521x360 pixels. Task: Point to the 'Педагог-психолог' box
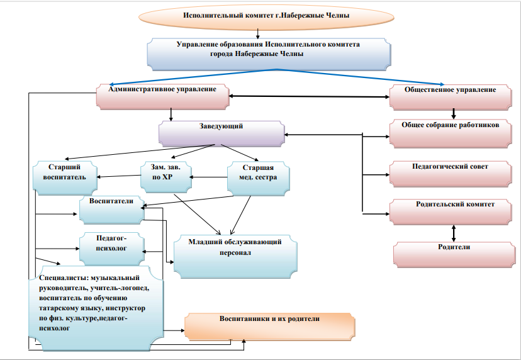111,247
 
